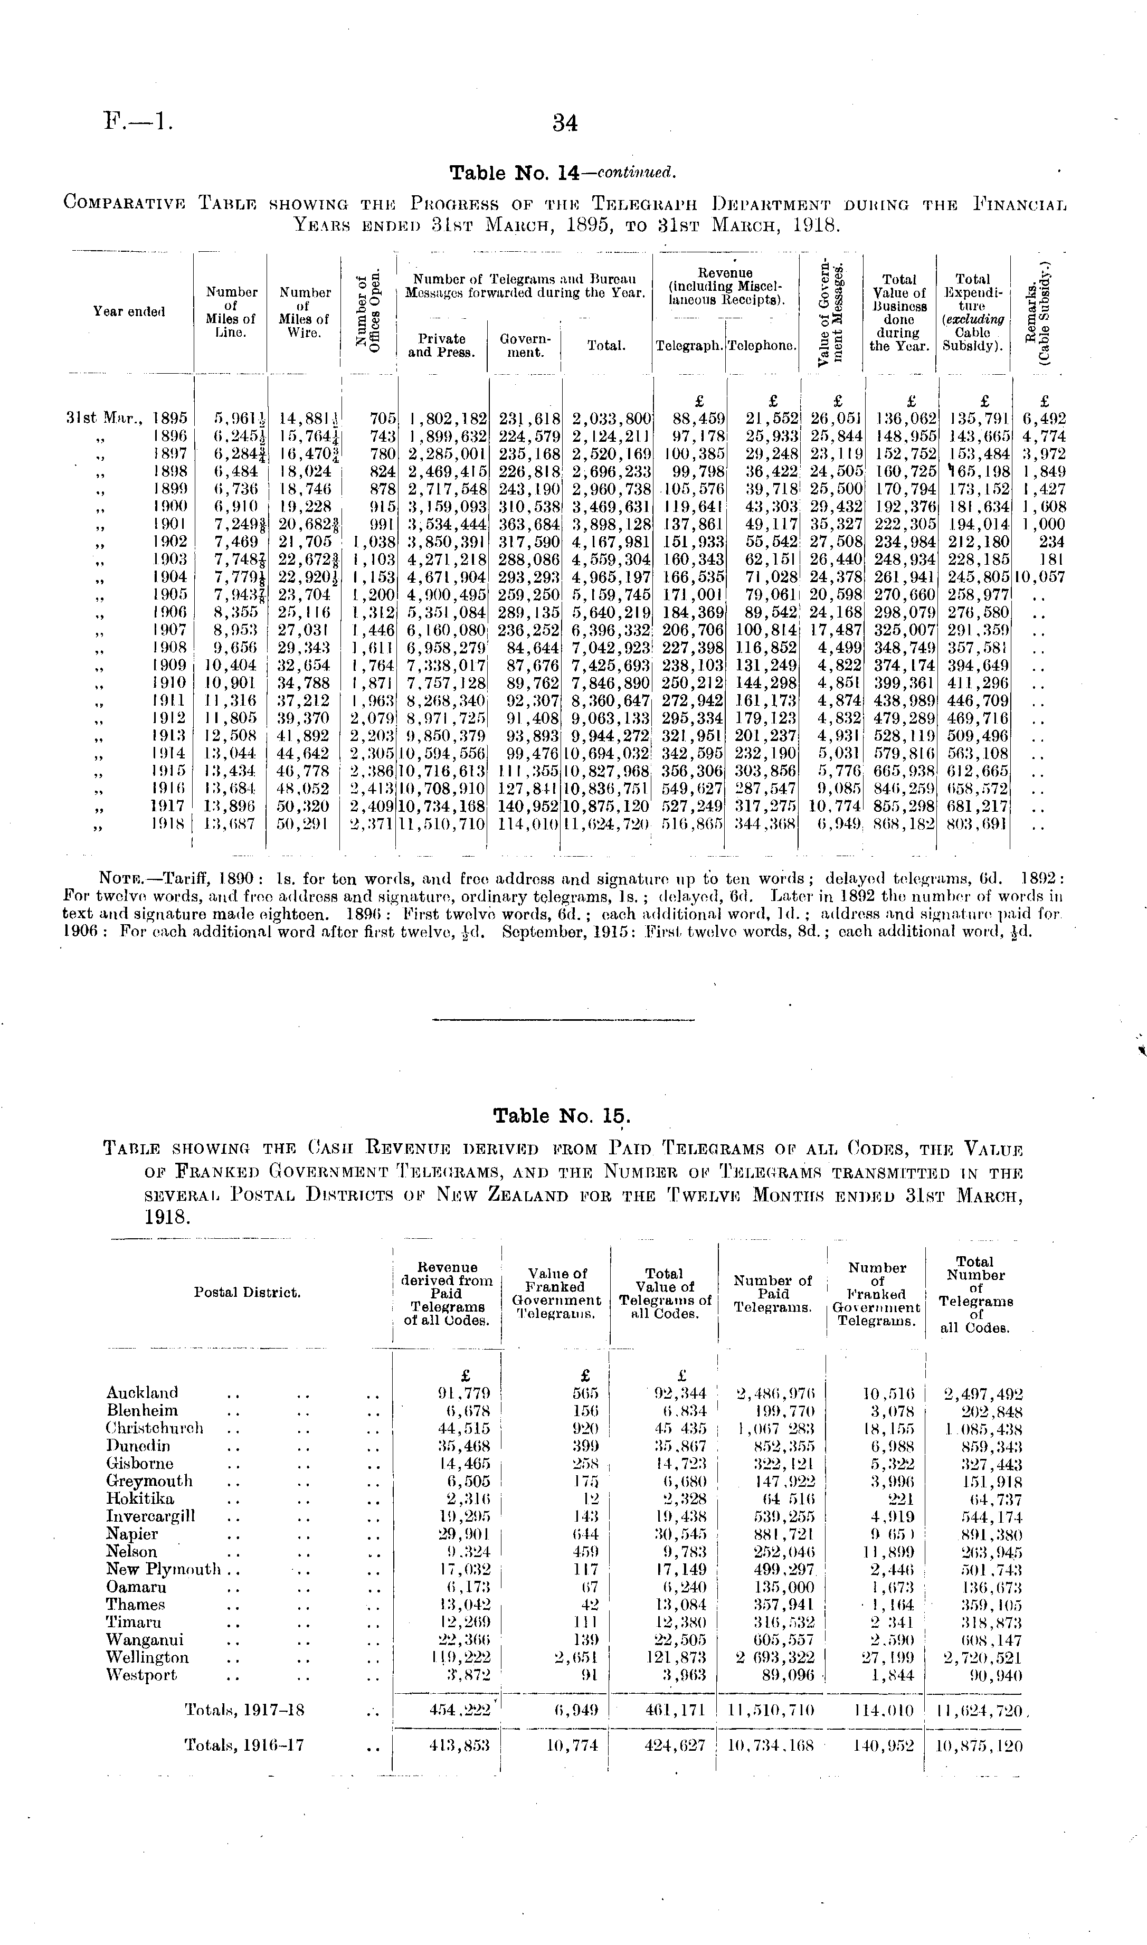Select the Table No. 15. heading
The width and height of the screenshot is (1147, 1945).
pos(562,1116)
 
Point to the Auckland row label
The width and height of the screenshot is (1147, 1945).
pos(142,1392)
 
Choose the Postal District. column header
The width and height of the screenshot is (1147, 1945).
pos(248,1292)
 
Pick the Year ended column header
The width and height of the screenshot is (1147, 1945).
pos(129,311)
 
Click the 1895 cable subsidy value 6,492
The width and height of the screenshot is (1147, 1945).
pos(1044,419)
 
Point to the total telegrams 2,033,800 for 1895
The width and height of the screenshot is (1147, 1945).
pos(608,419)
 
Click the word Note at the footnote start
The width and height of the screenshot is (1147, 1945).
pos(118,879)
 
